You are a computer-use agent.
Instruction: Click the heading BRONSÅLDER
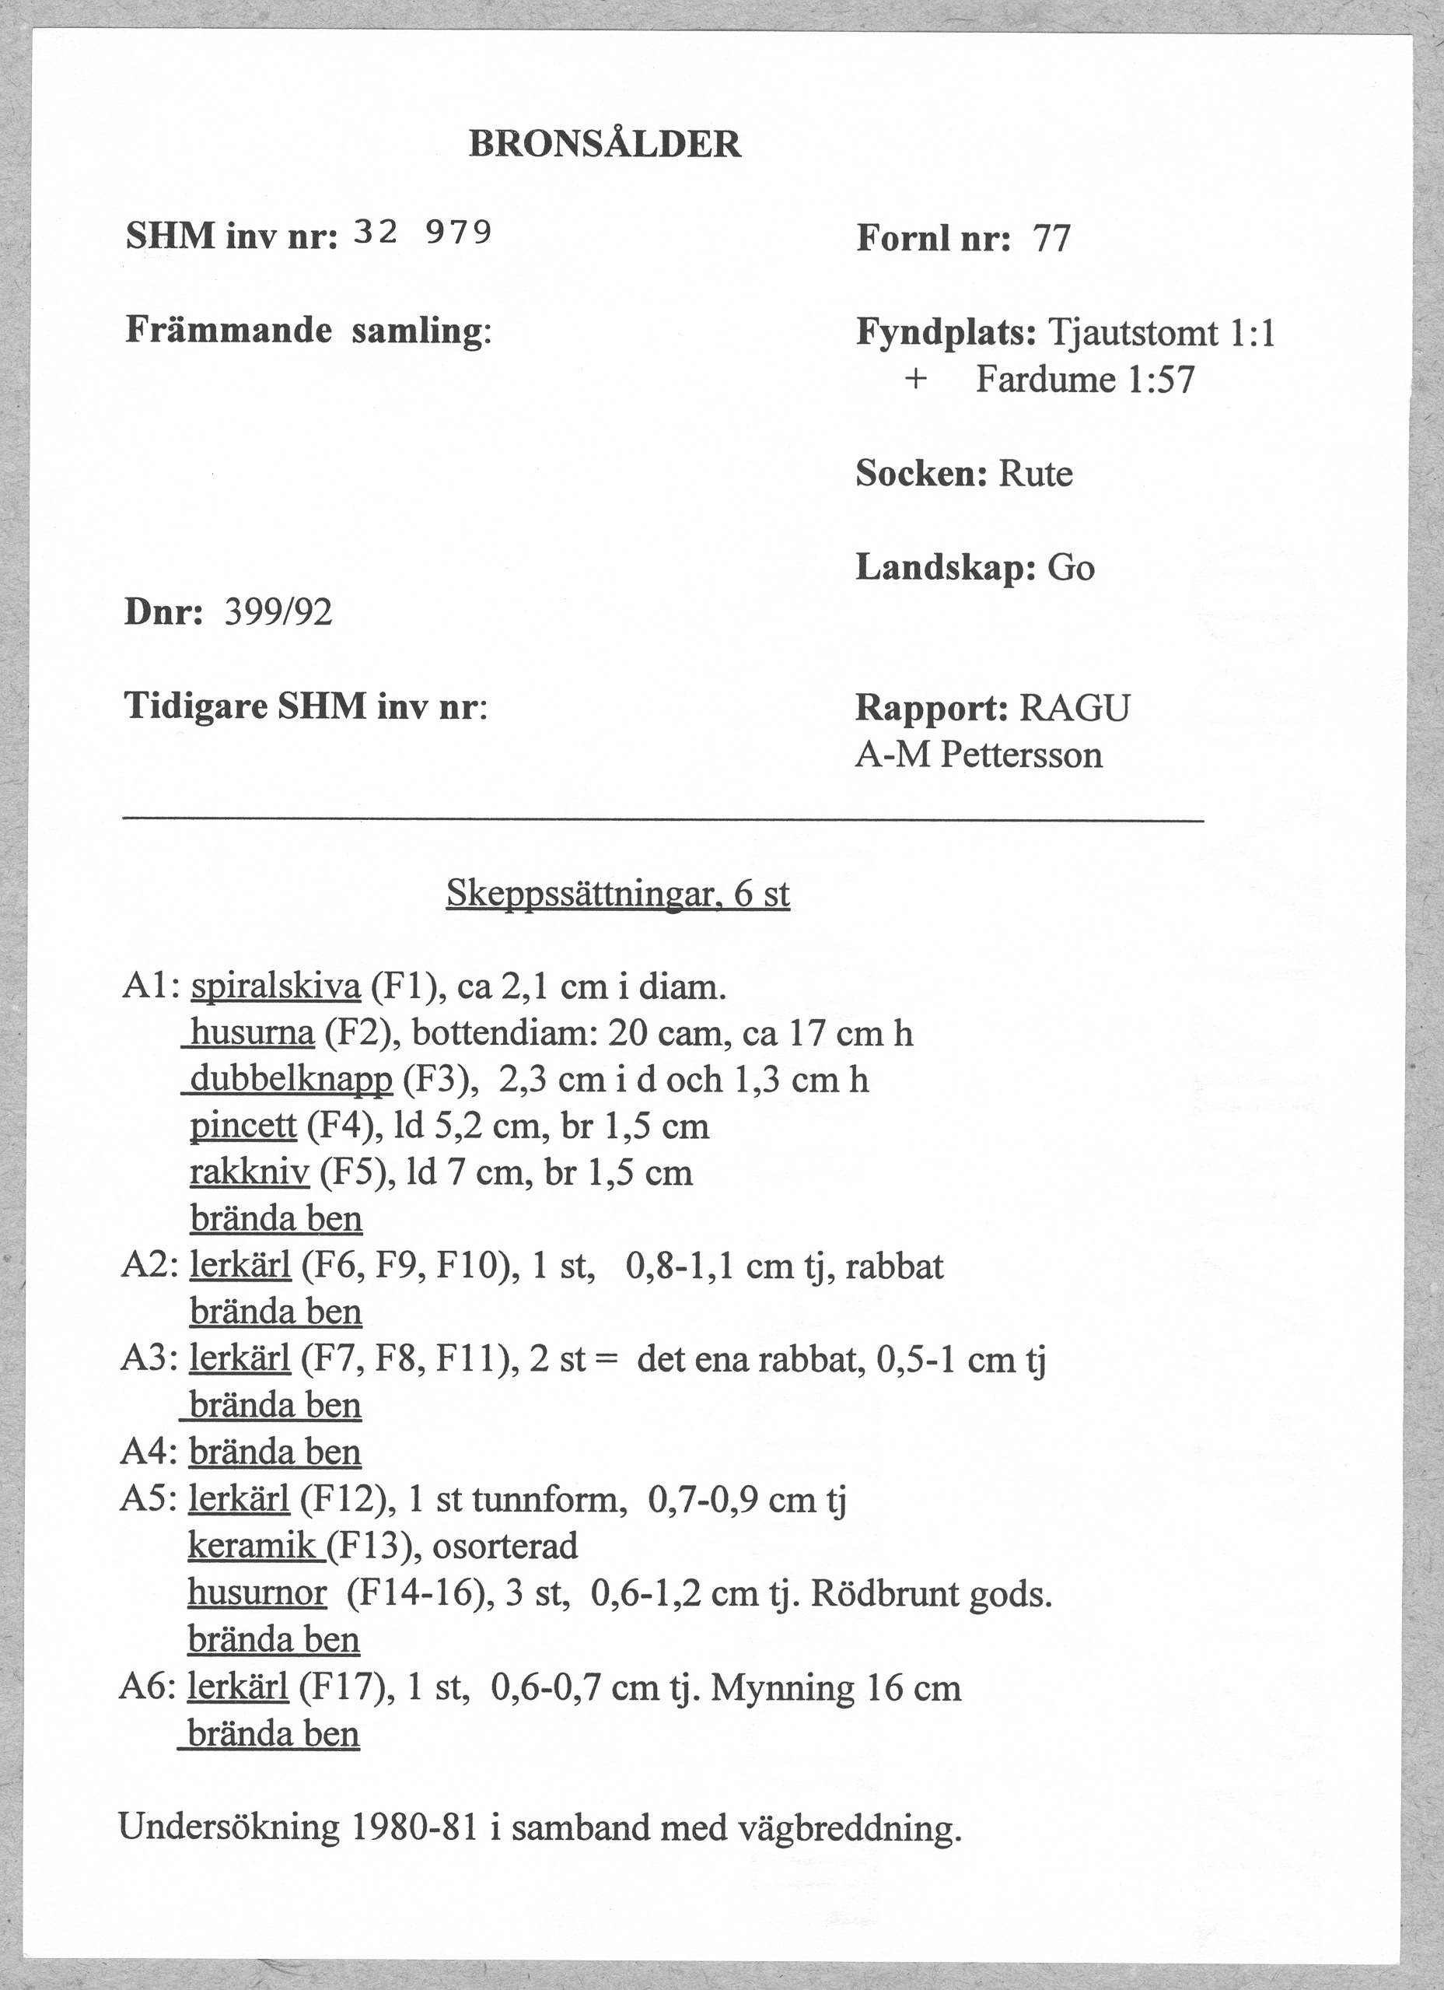point(604,144)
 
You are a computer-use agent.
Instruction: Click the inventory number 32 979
point(422,233)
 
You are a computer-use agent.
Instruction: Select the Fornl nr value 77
point(1052,239)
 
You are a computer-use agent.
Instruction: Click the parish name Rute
point(1036,475)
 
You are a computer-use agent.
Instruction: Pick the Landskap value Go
point(1072,568)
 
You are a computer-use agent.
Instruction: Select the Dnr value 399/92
point(279,612)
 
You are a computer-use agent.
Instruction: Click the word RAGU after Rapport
point(1075,708)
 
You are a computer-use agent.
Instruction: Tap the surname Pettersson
point(1021,755)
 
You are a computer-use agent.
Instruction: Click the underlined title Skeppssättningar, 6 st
point(617,894)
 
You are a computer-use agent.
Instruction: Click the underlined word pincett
point(243,1126)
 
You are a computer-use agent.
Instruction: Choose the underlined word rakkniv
point(250,1173)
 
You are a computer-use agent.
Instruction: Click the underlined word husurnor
point(257,1592)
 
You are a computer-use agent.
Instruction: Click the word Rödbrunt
point(883,1592)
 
